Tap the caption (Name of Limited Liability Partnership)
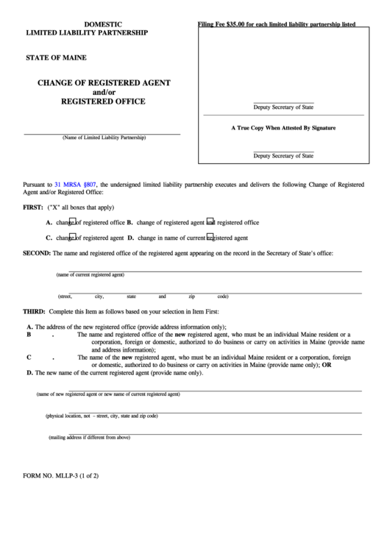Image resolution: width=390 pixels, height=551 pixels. [104, 138]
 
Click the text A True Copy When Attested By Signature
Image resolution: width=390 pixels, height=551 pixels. [283, 128]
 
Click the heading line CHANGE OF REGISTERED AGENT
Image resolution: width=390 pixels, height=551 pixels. [104, 82]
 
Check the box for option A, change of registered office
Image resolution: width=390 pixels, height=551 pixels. [72, 221]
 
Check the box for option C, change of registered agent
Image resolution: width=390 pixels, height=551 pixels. [72, 238]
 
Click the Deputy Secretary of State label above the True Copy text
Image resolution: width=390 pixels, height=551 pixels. [283, 107]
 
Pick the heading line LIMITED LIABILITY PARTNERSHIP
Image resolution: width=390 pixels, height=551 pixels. [87, 34]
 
